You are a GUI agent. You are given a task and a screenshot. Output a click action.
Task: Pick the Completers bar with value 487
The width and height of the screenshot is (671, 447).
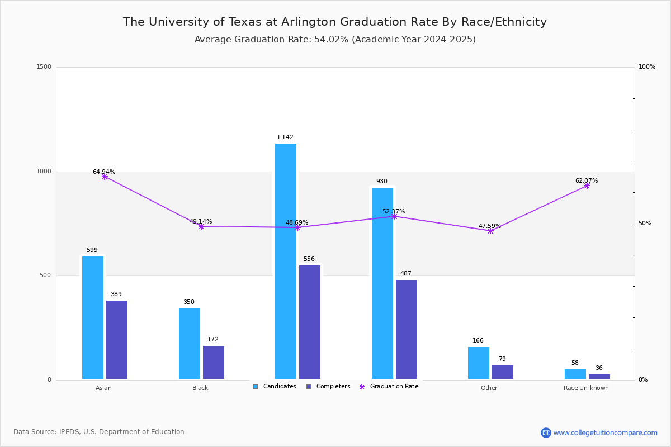[x=407, y=329]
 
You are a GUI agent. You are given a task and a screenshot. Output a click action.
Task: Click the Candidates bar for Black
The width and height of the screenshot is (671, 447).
[x=190, y=344]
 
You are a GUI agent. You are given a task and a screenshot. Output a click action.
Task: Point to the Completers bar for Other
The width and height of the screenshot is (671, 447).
[x=503, y=372]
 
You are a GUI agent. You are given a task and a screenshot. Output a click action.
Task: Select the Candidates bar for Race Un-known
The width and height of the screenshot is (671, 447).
[x=575, y=374]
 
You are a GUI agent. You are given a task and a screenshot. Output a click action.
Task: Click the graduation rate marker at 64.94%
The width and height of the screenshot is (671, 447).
[x=105, y=177]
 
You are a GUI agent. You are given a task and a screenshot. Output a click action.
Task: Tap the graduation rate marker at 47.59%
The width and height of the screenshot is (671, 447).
[x=490, y=231]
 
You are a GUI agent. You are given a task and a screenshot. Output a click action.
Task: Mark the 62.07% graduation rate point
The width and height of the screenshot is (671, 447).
[x=587, y=186]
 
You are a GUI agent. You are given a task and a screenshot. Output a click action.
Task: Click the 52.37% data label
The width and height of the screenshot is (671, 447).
[x=394, y=211]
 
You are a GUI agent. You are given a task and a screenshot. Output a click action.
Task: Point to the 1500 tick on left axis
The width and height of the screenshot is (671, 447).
[x=45, y=67]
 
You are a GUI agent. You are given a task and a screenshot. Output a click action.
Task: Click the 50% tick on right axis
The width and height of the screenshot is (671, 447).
[x=645, y=223]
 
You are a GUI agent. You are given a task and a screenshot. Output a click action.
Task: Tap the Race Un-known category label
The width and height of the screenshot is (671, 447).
[x=586, y=388]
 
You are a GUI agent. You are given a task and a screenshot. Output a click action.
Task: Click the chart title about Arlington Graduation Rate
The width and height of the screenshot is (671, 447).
[x=335, y=22]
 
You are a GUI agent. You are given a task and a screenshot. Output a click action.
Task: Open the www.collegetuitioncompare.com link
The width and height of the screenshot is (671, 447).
[x=605, y=432]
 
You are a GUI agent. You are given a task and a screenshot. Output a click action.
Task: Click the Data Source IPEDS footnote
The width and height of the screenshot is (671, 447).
[x=99, y=432]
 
